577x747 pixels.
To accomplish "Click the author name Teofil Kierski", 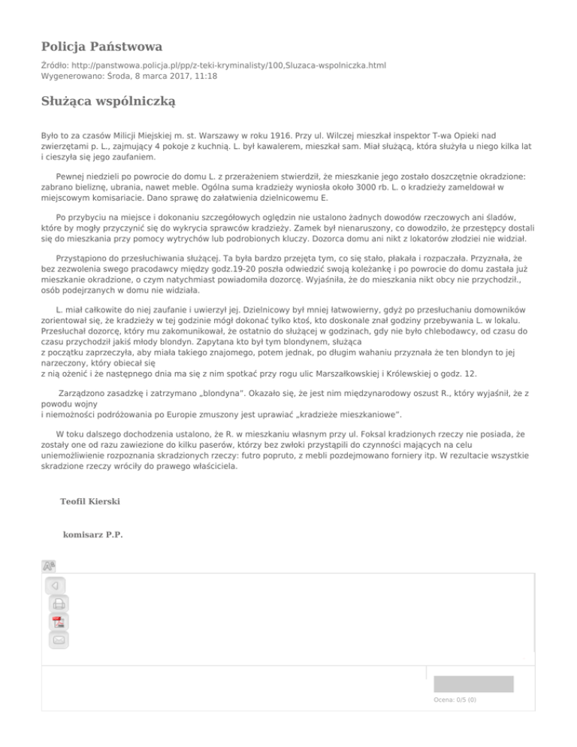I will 89,500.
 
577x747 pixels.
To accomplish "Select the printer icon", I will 58,603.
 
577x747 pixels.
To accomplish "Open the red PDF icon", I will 58,621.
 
